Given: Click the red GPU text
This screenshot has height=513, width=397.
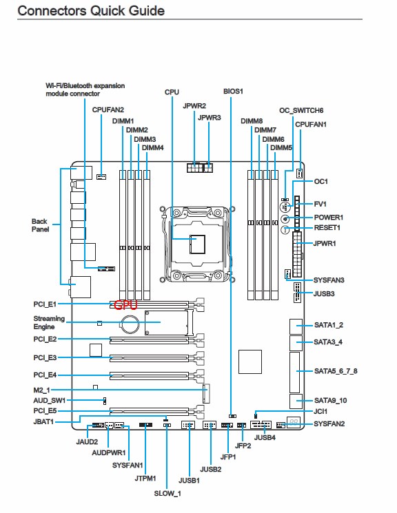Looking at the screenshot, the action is click(125, 305).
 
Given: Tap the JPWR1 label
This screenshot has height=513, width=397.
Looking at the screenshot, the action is click(325, 243).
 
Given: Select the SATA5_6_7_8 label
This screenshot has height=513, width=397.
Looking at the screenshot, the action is click(336, 371).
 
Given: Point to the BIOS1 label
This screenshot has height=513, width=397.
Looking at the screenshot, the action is click(233, 92).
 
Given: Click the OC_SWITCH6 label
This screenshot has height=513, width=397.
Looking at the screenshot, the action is click(301, 111).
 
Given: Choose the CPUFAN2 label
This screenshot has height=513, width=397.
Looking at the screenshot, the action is click(108, 110).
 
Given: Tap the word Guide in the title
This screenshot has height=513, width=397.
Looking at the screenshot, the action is click(146, 10).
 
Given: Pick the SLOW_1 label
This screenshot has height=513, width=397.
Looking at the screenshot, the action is click(167, 493).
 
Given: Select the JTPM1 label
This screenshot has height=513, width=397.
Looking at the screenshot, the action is click(145, 479).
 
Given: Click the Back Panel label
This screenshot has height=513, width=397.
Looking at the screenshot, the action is click(40, 225).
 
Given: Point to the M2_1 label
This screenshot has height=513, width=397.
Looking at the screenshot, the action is click(41, 390).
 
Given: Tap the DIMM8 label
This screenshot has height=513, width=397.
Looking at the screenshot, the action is click(252, 121).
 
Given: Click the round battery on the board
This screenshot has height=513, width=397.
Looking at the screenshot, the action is click(130, 324).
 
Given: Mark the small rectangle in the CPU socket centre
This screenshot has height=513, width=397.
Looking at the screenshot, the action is click(198, 244).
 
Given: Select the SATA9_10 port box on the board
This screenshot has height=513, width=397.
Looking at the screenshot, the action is click(296, 401).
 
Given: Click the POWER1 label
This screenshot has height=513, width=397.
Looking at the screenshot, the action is click(329, 218).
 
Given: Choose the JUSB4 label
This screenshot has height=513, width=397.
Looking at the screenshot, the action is click(265, 437).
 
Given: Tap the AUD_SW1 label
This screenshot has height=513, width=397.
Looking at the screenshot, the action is click(50, 401).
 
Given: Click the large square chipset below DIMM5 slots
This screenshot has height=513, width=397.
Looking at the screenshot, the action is click(250, 362).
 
